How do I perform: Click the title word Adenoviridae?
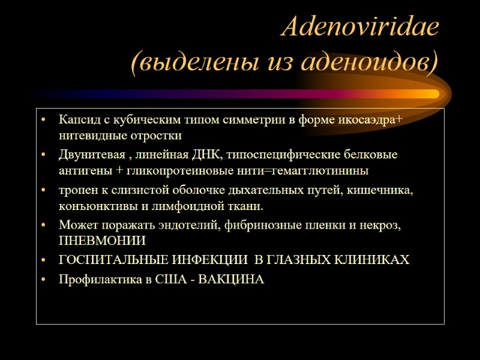(359, 28)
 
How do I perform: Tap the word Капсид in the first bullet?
(76, 120)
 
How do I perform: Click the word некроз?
(380, 226)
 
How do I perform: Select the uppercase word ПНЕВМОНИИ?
(102, 242)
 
